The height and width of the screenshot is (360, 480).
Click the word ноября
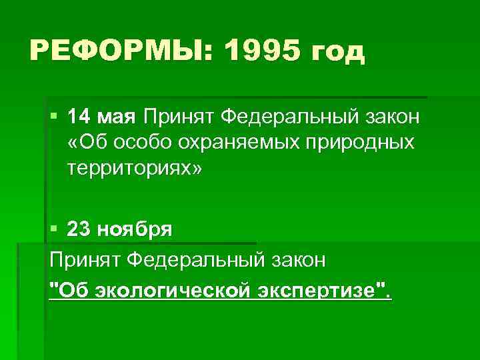(x=135, y=231)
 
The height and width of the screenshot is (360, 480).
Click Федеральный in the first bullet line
(x=285, y=119)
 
